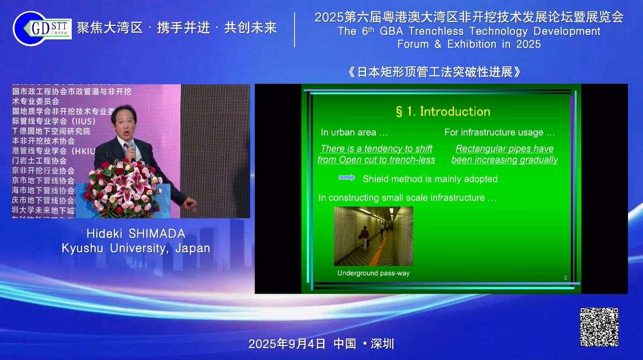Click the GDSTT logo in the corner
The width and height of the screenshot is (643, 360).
coord(42,28)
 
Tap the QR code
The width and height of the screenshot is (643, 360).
coord(599,327)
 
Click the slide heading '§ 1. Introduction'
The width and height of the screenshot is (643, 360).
coord(443,111)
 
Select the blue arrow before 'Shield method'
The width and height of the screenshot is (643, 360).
coord(347,178)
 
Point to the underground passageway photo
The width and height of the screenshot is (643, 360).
coord(373,236)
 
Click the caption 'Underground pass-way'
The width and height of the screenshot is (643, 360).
coord(373,273)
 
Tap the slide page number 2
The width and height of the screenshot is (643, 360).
coord(565,278)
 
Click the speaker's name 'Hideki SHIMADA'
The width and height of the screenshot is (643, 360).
coord(136,233)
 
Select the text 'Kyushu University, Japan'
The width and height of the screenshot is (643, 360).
coord(136,248)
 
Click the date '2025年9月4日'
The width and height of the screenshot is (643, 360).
coord(287,344)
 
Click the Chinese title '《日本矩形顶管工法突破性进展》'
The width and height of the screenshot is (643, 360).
coord(434,72)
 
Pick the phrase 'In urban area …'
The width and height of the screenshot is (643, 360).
coord(354,133)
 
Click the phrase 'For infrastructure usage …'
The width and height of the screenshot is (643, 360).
coord(499,133)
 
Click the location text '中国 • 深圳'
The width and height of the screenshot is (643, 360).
coord(364,344)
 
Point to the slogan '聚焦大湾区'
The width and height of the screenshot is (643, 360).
coord(110,28)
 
